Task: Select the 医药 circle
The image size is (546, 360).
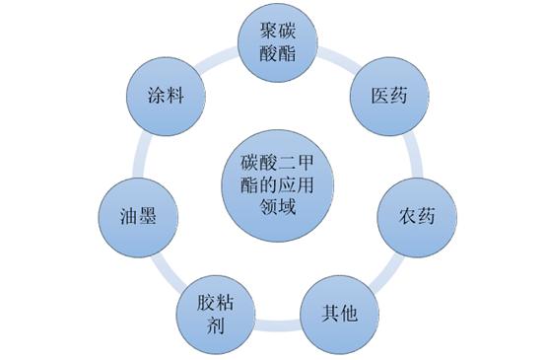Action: click(x=385, y=97)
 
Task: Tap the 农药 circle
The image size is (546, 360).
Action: click(x=414, y=214)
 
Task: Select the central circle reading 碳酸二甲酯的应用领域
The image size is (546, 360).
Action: click(x=275, y=182)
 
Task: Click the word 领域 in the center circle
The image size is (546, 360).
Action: click(x=275, y=208)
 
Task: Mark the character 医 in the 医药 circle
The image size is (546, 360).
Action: click(x=375, y=97)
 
